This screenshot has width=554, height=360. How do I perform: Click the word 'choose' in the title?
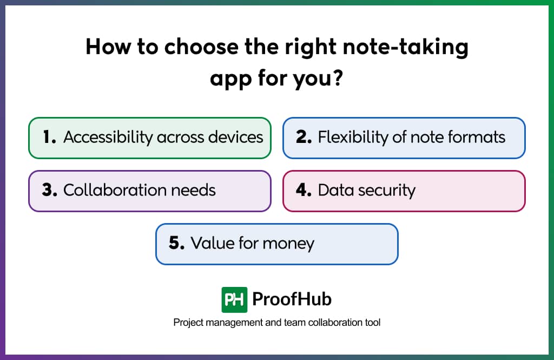[x=201, y=47]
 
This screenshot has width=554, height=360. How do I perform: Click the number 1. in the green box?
[x=49, y=137]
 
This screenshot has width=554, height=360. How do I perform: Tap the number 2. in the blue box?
[x=304, y=137]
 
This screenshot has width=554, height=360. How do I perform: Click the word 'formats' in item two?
[x=477, y=137]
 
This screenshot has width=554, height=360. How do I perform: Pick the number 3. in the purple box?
[x=49, y=190]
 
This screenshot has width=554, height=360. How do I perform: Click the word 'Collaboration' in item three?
[x=115, y=190]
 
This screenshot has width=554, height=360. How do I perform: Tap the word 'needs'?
[x=193, y=191]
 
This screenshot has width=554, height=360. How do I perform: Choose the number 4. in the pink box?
[x=304, y=190]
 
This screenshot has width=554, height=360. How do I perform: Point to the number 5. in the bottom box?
[x=177, y=243]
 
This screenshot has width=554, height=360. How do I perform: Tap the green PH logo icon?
[x=234, y=300]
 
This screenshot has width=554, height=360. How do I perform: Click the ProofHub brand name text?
[x=292, y=299]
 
